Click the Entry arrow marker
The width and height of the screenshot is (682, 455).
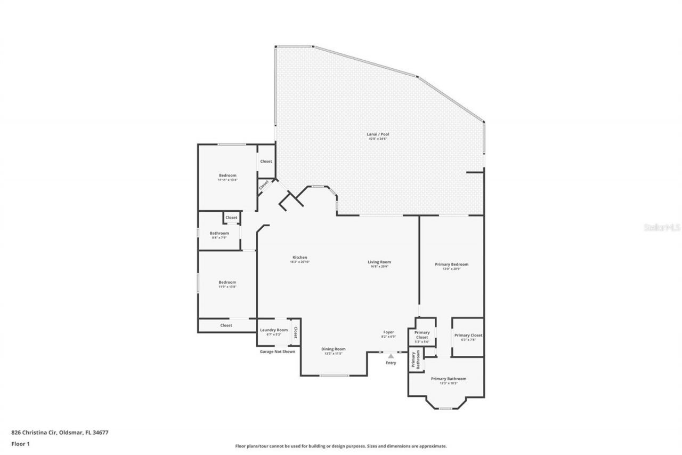[391, 356]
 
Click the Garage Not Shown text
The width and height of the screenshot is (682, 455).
[277, 352]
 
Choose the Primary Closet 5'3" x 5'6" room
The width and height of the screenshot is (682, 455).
[422, 335]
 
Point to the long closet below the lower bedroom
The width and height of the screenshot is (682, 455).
[226, 325]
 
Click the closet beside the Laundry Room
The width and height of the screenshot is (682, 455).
[295, 332]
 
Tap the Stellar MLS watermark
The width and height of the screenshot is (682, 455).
[662, 227]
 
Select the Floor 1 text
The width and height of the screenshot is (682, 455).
[21, 443]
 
